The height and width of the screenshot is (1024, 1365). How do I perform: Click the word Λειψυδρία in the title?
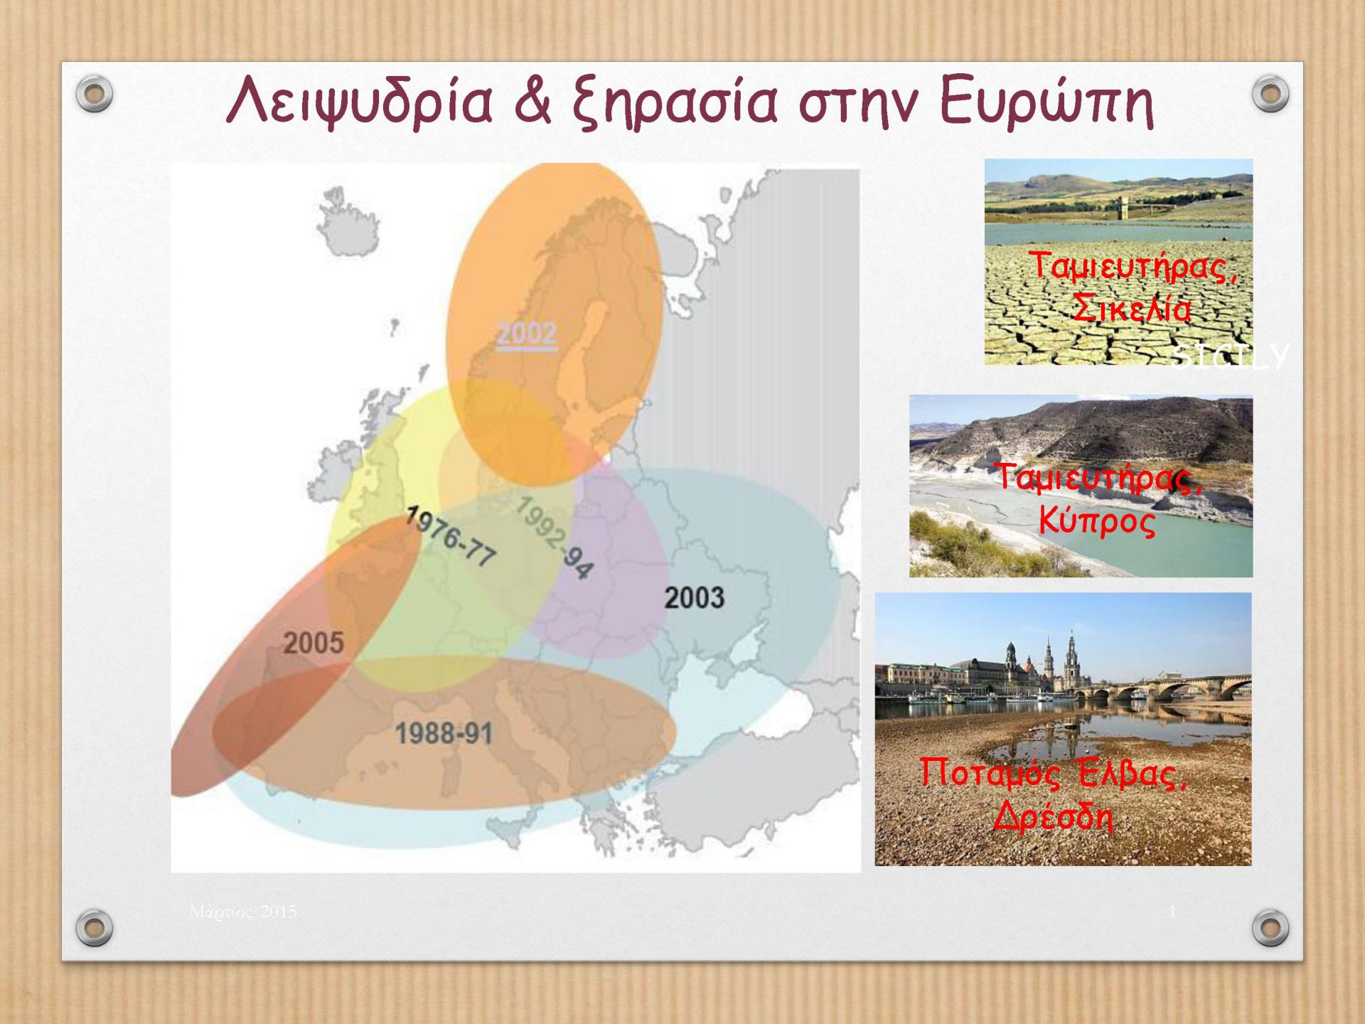(359, 105)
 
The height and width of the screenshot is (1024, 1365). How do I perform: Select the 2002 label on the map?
(526, 334)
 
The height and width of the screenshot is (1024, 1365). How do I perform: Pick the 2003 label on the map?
(694, 598)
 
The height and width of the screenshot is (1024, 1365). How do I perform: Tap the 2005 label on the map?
(314, 644)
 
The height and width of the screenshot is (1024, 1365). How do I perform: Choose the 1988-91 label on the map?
(444, 733)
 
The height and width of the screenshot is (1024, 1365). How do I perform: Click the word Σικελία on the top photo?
(1133, 309)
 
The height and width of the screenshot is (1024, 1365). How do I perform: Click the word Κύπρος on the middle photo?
(1097, 521)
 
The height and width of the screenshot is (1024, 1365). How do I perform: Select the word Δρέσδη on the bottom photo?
(1052, 817)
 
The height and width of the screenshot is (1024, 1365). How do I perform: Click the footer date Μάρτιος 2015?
(243, 912)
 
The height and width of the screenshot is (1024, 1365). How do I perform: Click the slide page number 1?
(1172, 912)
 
